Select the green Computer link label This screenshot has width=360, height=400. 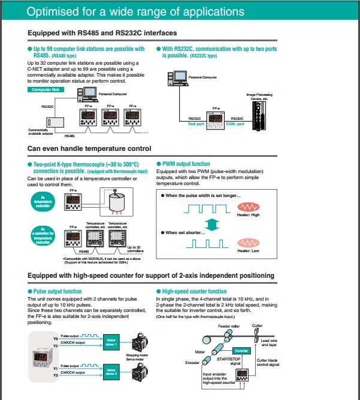point(46,89)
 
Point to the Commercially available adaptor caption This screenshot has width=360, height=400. point(41,132)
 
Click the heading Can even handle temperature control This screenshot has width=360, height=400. point(89,149)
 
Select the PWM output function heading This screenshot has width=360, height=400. point(186,163)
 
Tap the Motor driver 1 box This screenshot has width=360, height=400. point(112,342)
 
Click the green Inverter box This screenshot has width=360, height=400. point(241,351)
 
